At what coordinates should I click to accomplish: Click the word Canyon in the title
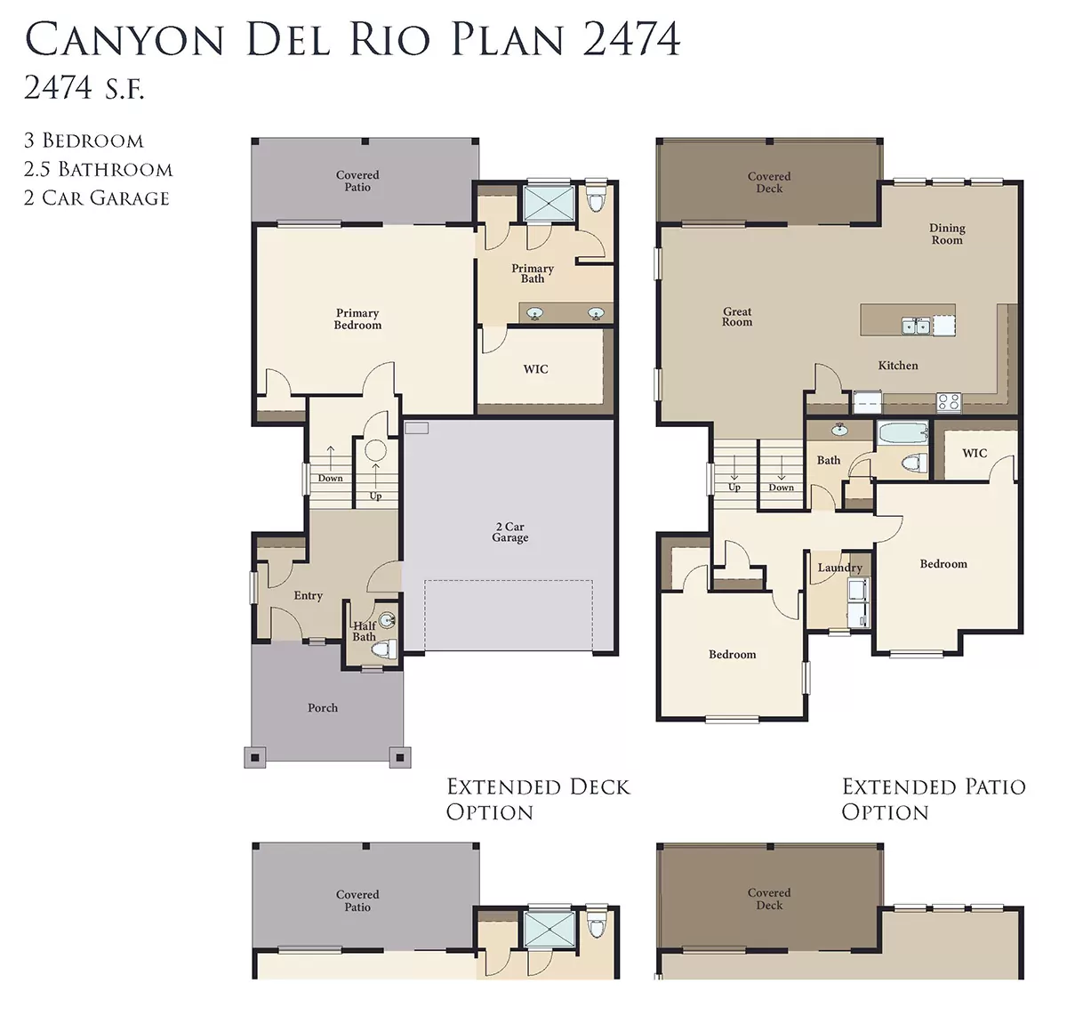[x=124, y=39]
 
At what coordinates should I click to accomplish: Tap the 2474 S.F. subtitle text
[x=84, y=87]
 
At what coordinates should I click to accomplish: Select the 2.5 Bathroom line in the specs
[x=98, y=169]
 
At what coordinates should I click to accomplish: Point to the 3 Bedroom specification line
[x=84, y=141]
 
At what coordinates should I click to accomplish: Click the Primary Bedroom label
[x=357, y=319]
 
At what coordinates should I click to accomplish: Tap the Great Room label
[x=737, y=317]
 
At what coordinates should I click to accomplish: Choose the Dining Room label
[x=947, y=234]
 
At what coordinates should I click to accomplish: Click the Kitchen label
[x=898, y=366]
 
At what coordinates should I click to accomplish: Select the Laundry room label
[x=839, y=568]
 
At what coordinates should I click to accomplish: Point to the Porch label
[x=323, y=707]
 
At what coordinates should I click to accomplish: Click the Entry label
[x=309, y=596]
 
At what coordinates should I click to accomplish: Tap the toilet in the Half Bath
[x=385, y=649]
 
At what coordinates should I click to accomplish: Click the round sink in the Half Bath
[x=388, y=619]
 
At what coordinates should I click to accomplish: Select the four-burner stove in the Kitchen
[x=948, y=402]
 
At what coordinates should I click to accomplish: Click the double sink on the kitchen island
[x=916, y=326]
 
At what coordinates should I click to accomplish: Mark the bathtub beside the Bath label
[x=902, y=433]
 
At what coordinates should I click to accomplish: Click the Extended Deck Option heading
[x=538, y=799]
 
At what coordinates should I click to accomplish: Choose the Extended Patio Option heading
[x=934, y=799]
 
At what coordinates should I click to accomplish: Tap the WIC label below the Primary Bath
[x=535, y=369]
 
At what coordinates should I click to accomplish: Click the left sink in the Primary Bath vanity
[x=534, y=313]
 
